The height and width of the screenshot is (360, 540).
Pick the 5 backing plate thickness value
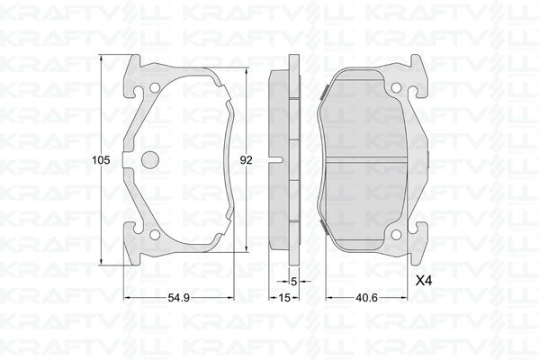coord(293,281)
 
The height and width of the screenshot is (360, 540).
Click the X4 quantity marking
coord(422,281)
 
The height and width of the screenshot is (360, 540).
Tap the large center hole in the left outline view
coord(150,160)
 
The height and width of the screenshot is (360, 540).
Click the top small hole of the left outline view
coord(154,88)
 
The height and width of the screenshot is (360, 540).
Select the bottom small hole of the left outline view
coord(154,236)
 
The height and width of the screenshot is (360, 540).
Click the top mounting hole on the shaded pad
coord(394,87)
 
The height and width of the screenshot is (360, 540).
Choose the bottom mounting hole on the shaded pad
coord(394,235)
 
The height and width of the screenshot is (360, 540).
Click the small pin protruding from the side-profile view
coord(283,161)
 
